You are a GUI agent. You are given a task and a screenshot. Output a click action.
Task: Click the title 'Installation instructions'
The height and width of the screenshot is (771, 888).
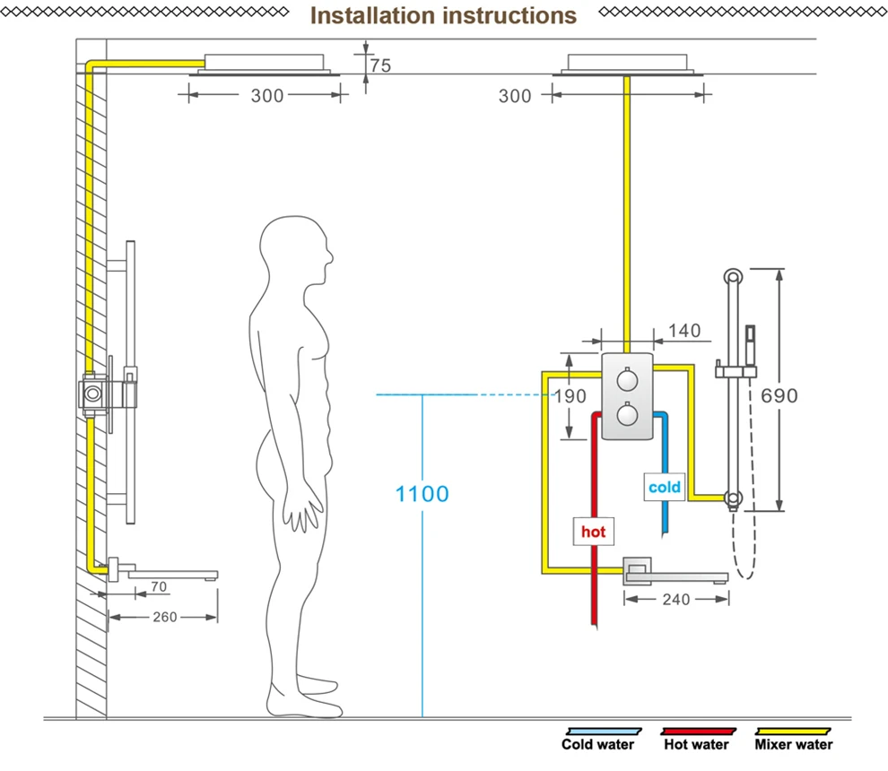[443, 16]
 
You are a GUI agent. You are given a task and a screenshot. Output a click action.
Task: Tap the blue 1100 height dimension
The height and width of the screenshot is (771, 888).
[422, 494]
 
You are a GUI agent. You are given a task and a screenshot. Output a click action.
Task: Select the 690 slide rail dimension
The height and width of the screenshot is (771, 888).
[779, 395]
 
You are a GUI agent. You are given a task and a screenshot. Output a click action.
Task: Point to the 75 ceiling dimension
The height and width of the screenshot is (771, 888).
[380, 65]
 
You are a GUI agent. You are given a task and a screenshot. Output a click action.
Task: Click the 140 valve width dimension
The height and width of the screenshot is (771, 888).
[684, 331]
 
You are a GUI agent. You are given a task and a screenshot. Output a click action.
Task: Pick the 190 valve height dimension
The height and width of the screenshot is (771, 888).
[570, 396]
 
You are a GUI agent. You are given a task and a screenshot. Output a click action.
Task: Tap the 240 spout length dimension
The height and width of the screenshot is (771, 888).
[676, 600]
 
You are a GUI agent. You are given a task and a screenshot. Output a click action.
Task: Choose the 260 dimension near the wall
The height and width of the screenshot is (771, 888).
[165, 617]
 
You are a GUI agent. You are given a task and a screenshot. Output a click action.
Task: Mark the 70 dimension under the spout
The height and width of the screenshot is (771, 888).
[159, 587]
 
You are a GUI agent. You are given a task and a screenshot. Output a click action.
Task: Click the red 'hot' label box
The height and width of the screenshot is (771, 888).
[594, 532]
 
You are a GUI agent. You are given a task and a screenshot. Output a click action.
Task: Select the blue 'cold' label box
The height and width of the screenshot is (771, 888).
[665, 487]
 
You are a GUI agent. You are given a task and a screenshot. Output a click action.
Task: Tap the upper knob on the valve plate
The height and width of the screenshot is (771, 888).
[627, 380]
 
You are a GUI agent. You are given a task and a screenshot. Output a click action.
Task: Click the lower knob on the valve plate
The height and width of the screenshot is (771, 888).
[627, 414]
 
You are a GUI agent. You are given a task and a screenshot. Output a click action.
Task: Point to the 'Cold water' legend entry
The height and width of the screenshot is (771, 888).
[598, 740]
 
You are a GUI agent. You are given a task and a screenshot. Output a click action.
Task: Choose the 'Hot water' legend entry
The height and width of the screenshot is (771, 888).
[697, 740]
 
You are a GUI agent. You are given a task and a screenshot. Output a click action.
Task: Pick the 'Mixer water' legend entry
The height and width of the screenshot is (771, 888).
[794, 740]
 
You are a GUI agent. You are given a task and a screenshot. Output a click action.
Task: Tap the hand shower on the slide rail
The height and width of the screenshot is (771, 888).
[750, 345]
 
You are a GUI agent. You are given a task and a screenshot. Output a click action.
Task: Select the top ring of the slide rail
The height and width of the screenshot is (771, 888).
[733, 277]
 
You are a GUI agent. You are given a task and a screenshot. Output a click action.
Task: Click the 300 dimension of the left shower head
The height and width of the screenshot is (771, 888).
[267, 96]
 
